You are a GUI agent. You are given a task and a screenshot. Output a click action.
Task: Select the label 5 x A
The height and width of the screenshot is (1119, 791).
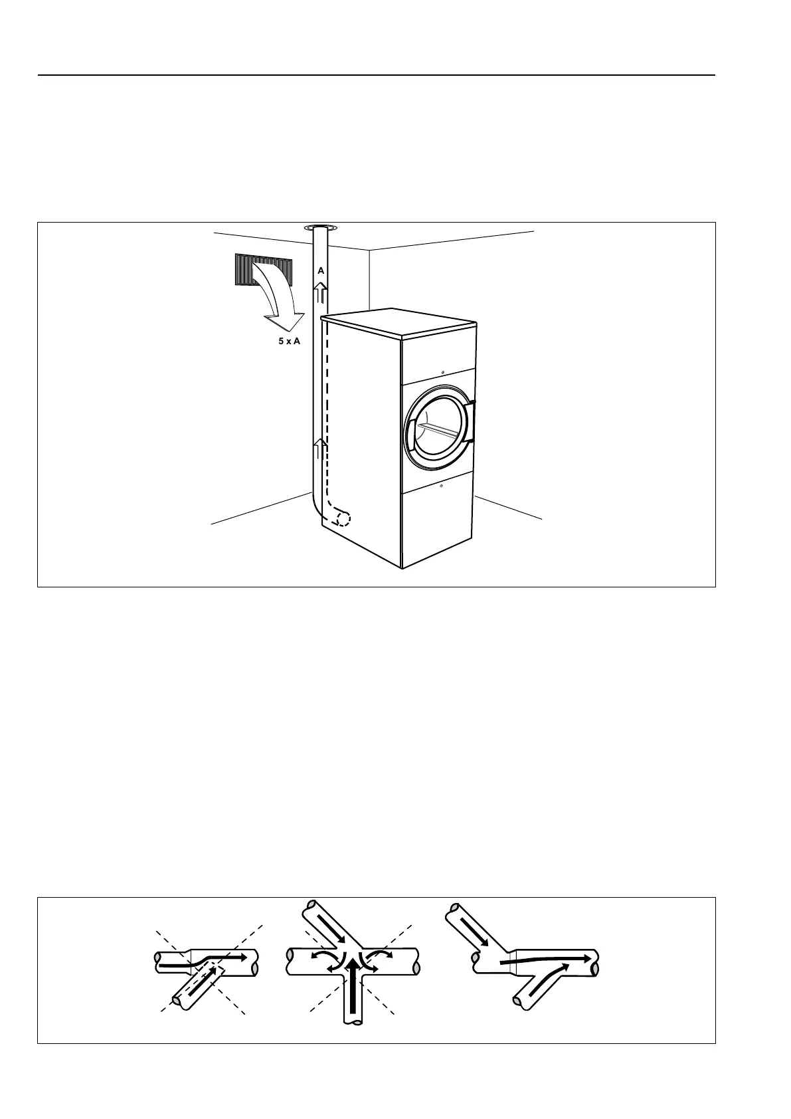pos(289,341)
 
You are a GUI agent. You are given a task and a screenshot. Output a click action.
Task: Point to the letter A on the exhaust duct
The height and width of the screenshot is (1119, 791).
pos(321,271)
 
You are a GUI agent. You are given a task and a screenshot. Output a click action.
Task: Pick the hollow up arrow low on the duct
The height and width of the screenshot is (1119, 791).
pos(321,450)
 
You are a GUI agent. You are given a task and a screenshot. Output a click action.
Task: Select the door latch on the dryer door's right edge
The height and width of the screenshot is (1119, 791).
pos(472,419)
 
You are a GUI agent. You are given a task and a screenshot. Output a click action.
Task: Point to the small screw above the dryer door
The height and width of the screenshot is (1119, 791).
pos(442,372)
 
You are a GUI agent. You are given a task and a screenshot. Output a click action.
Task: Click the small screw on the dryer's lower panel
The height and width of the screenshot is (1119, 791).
pos(441,484)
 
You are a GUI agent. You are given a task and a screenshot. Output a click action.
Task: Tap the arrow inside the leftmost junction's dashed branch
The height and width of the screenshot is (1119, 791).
pos(205,981)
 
